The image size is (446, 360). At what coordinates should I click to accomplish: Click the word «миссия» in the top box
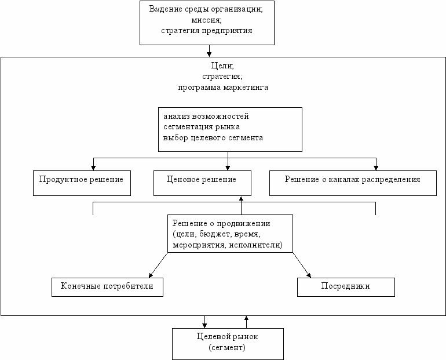click(x=206, y=20)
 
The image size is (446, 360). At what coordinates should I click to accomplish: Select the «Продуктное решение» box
click(x=82, y=183)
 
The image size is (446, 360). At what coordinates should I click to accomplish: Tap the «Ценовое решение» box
click(x=202, y=183)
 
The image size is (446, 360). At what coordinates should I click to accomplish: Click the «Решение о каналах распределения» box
click(x=353, y=183)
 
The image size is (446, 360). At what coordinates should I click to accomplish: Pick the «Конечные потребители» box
click(x=107, y=287)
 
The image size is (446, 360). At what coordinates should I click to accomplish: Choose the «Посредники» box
click(x=346, y=287)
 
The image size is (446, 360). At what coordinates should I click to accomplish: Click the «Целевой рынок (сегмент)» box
click(x=228, y=344)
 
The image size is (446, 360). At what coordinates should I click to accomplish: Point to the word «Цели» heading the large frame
click(x=221, y=66)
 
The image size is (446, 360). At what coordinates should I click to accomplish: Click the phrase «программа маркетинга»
click(x=223, y=87)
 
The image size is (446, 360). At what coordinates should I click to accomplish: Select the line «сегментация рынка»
click(x=202, y=127)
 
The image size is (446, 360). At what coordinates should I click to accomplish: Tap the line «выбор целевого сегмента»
click(x=213, y=138)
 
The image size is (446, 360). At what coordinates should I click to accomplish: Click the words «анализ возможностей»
click(x=206, y=116)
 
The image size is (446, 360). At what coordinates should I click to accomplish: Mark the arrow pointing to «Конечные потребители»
click(x=158, y=265)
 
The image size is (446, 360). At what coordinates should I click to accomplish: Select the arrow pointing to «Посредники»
click(x=302, y=265)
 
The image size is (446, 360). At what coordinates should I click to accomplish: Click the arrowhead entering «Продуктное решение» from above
click(x=93, y=168)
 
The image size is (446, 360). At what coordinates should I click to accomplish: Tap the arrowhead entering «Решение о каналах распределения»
click(x=376, y=168)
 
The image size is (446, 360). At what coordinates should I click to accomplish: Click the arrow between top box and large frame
click(x=209, y=51)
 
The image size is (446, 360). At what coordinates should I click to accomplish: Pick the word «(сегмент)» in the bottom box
click(x=227, y=347)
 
